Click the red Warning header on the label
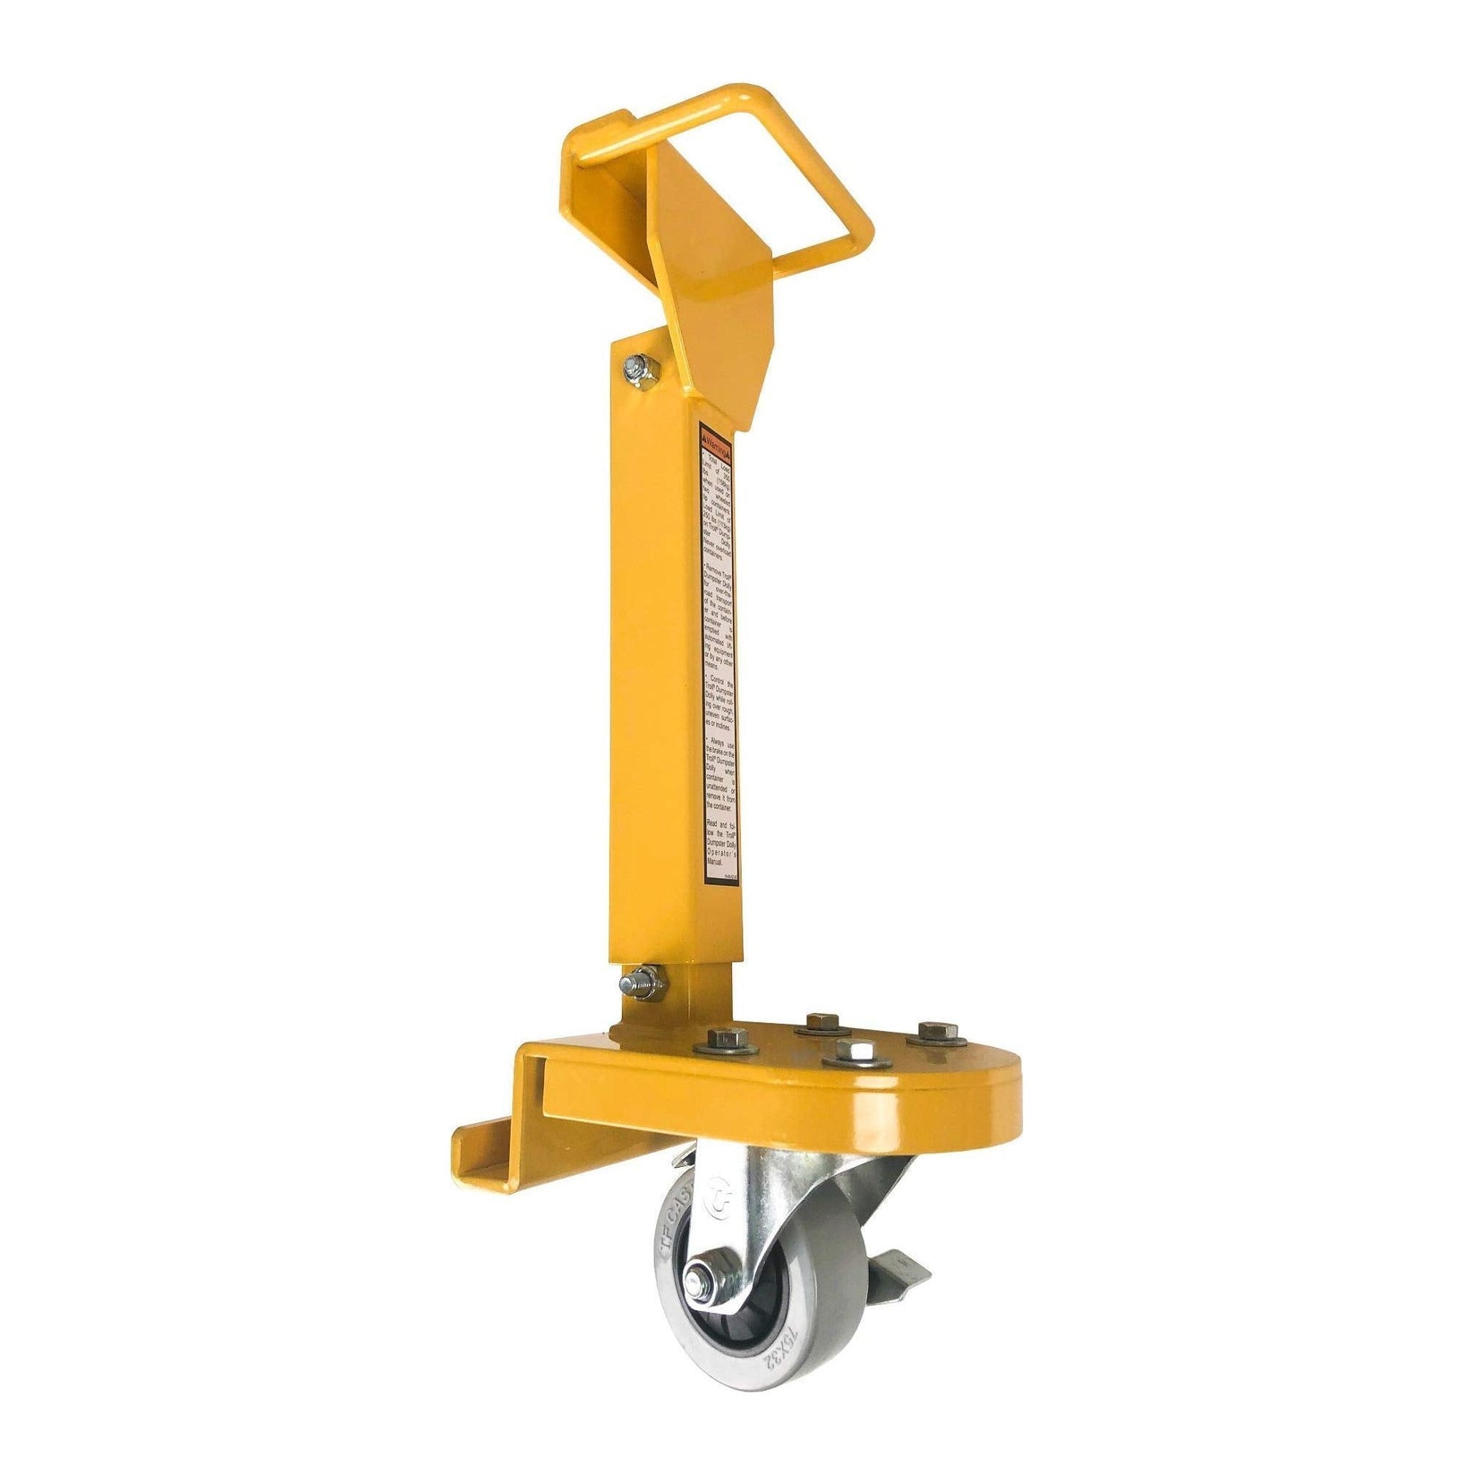coord(716,439)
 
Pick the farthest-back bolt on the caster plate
coord(822,1022)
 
